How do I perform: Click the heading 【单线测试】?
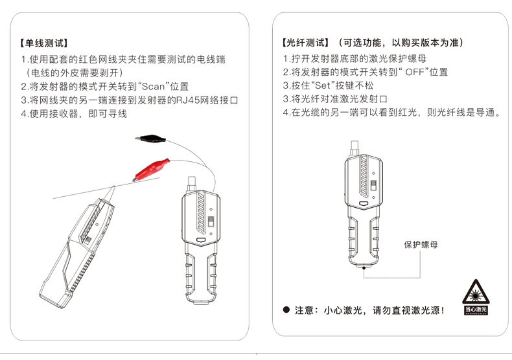click(x=43, y=44)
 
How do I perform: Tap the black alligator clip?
click(x=150, y=137)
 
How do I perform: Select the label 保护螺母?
click(x=421, y=244)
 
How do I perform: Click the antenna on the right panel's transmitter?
click(x=353, y=146)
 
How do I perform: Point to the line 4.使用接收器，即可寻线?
click(x=73, y=114)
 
